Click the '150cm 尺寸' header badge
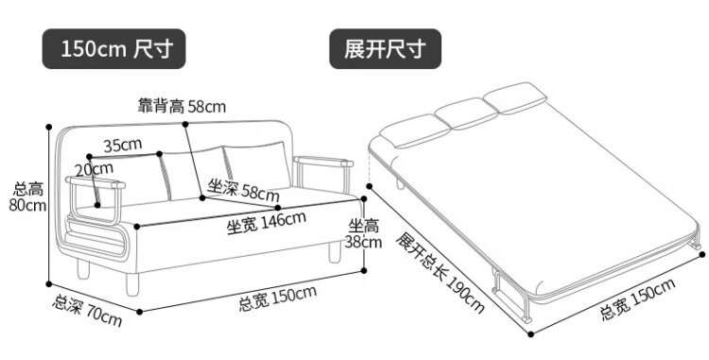click(x=114, y=49)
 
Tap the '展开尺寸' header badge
click(x=385, y=49)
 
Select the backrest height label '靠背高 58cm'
click(x=182, y=107)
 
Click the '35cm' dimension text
click(x=123, y=145)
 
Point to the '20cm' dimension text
click(x=94, y=169)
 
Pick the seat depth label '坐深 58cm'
click(x=243, y=190)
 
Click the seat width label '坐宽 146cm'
click(x=267, y=223)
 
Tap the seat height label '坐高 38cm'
click(x=364, y=234)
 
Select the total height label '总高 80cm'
click(x=28, y=197)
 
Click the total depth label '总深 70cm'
click(x=87, y=310)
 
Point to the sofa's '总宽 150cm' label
click(x=278, y=299)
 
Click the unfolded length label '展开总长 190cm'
click(x=440, y=272)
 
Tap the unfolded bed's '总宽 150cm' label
click(x=637, y=299)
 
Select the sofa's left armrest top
click(x=95, y=182)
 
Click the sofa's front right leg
click(x=335, y=252)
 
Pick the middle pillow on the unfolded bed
click(x=466, y=113)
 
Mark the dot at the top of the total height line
click(x=49, y=127)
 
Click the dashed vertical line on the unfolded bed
click(x=370, y=167)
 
